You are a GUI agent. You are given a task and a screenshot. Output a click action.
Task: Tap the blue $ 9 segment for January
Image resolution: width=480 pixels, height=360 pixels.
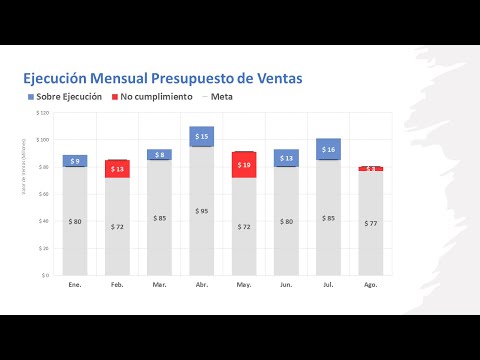click(75, 161)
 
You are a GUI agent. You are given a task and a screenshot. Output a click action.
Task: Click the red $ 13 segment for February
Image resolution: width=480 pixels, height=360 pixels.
click(117, 169)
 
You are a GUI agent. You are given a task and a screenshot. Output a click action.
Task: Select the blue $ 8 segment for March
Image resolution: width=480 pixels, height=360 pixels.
click(160, 155)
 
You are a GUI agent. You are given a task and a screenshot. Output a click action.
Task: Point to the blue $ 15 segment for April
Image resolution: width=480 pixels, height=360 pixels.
click(202, 136)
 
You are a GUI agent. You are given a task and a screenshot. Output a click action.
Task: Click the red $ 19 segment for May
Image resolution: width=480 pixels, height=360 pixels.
click(244, 165)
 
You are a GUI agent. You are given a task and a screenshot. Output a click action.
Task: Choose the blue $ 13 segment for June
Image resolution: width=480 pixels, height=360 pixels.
click(286, 158)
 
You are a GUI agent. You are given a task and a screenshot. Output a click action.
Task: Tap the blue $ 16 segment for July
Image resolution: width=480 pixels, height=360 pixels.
click(329, 149)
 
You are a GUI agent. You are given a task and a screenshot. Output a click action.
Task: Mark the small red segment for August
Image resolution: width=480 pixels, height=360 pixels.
click(371, 169)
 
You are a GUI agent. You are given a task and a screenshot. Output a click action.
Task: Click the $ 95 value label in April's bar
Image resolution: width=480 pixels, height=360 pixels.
click(202, 211)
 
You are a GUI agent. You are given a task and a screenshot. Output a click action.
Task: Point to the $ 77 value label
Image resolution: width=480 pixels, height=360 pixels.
click(371, 223)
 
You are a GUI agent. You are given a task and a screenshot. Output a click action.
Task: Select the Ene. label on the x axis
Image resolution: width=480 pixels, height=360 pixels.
click(75, 285)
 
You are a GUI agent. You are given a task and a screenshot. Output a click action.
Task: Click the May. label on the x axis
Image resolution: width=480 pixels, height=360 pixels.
click(244, 285)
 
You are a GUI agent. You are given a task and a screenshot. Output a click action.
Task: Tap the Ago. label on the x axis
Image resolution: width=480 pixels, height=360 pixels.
click(371, 285)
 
